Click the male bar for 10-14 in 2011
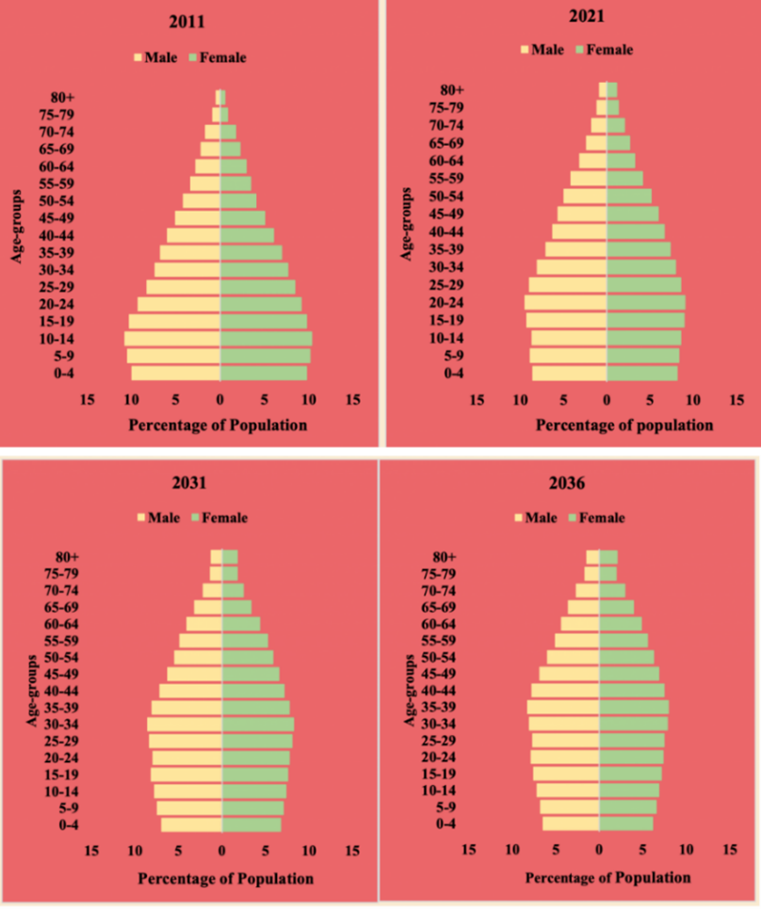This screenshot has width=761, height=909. click(x=172, y=339)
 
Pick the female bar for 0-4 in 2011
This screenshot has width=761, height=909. click(x=264, y=374)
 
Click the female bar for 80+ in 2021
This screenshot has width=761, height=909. click(x=612, y=90)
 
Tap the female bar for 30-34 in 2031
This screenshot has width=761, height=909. click(x=258, y=724)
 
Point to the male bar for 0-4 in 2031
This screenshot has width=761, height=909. click(x=191, y=824)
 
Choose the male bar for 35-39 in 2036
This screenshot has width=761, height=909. click(x=563, y=707)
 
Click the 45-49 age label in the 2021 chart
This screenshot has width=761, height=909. click(x=445, y=214)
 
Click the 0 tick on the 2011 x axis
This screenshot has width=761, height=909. click(x=220, y=398)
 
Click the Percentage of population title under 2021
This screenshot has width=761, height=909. click(x=624, y=424)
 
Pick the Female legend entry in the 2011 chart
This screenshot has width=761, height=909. click(x=220, y=57)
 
